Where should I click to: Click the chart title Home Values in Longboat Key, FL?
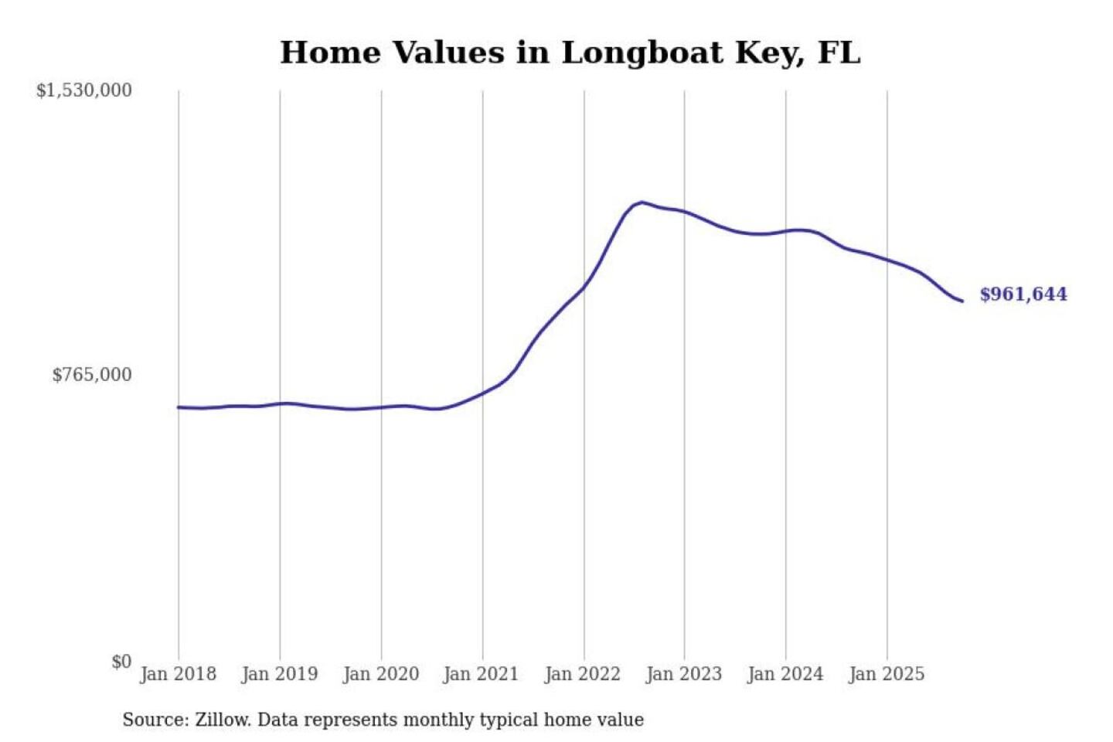[570, 53]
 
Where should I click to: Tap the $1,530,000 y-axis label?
[83, 90]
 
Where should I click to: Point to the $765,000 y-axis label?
[91, 375]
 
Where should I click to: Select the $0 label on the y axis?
[121, 662]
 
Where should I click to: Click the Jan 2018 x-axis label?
[178, 674]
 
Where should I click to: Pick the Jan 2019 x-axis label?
[279, 674]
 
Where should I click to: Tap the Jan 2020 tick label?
[380, 674]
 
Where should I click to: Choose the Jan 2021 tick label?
[481, 674]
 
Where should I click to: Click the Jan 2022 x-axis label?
[582, 674]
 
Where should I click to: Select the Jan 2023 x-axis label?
[683, 674]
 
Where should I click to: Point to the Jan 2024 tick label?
[785, 674]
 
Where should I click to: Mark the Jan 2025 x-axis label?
[886, 674]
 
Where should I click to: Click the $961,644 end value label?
[1023, 294]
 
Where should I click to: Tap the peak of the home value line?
[642, 203]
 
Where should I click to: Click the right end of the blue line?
[962, 301]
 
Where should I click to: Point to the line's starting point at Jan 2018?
[179, 407]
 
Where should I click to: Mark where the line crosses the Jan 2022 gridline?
[584, 286]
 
